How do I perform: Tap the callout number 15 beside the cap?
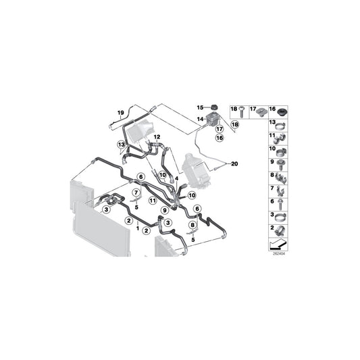pyautogui.click(x=200, y=107)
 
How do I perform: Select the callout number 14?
pyautogui.click(x=200, y=119)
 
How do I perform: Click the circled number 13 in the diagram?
pyautogui.click(x=121, y=144)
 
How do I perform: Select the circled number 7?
pyautogui.click(x=136, y=195)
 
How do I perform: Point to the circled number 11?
pyautogui.click(x=153, y=201)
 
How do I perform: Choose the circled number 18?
pyautogui.click(x=236, y=125)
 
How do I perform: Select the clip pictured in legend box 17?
pyautogui.click(x=259, y=111)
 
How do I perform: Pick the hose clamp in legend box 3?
pyautogui.click(x=278, y=216)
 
